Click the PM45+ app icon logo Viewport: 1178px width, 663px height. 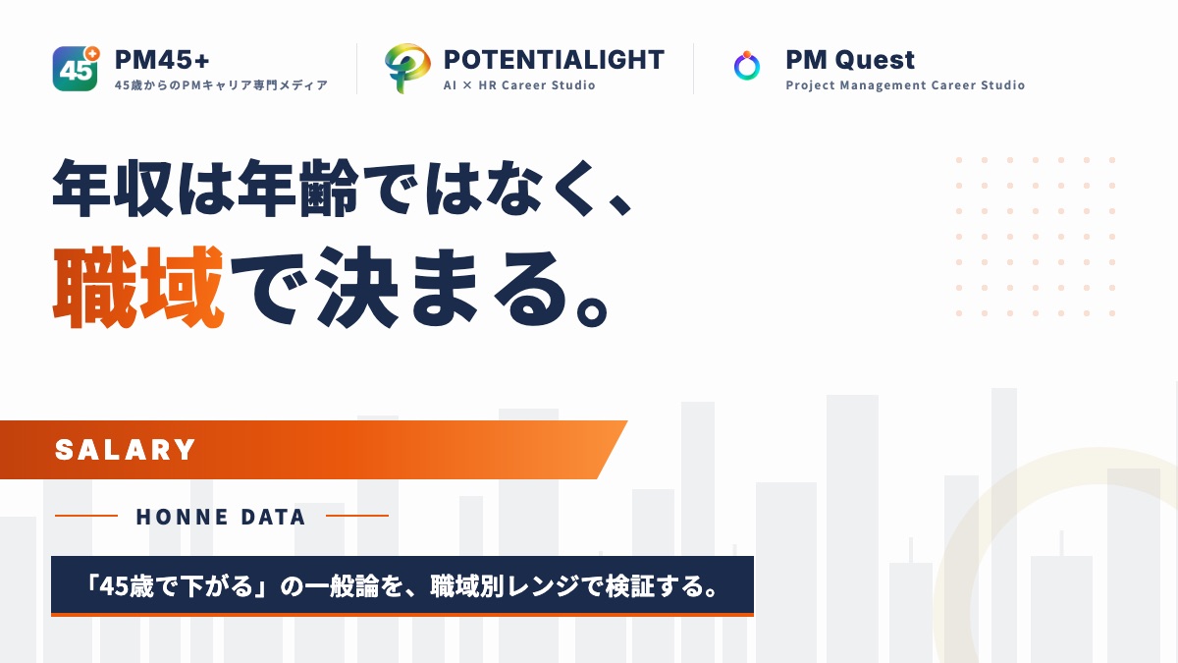76,69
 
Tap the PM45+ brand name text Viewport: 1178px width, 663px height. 162,60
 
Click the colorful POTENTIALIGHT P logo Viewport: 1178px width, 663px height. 407,69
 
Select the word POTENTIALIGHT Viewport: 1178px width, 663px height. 554,60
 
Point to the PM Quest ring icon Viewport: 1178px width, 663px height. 747,67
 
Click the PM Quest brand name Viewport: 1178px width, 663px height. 850,60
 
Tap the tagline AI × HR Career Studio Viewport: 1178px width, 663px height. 519,85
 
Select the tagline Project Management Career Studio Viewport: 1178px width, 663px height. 905,85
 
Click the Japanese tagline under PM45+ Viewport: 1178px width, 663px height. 222,85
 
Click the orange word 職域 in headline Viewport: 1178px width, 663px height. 138,287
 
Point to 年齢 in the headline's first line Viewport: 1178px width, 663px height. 298,188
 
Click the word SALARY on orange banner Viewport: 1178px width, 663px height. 126,450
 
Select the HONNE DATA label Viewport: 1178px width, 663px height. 221,517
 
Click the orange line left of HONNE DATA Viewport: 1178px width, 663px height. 86,516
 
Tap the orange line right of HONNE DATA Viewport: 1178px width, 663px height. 357,516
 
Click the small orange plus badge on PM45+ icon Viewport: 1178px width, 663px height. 93,53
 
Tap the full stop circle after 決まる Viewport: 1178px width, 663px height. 592,310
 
